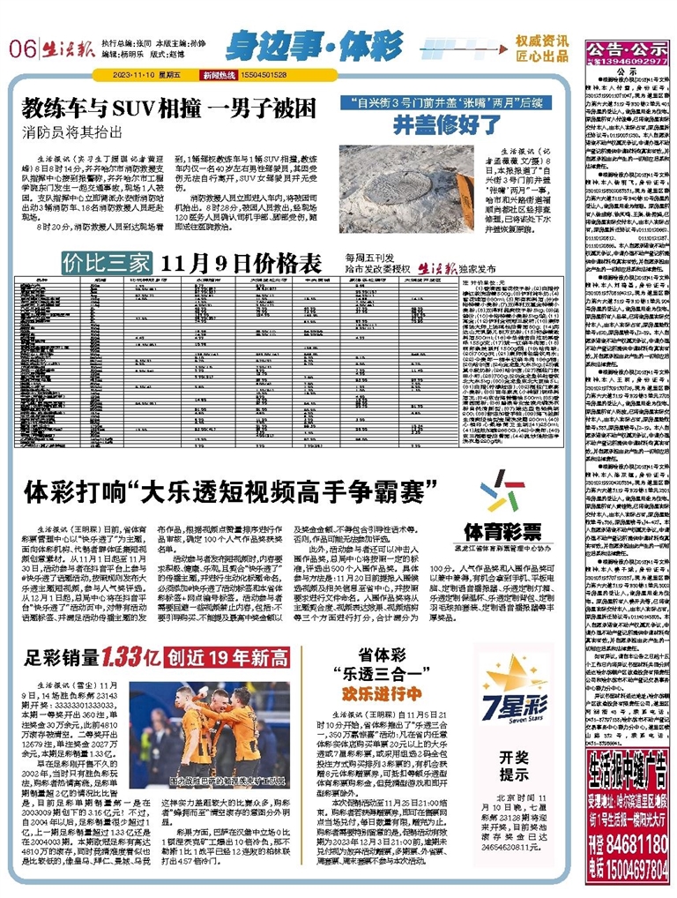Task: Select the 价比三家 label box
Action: click(x=101, y=263)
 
